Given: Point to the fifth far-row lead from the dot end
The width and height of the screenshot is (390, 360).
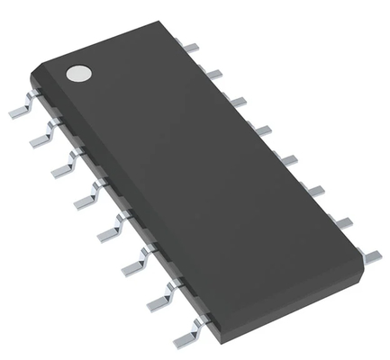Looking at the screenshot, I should click(x=287, y=159).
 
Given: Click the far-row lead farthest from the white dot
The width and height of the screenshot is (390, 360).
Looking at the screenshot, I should click(x=369, y=256).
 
